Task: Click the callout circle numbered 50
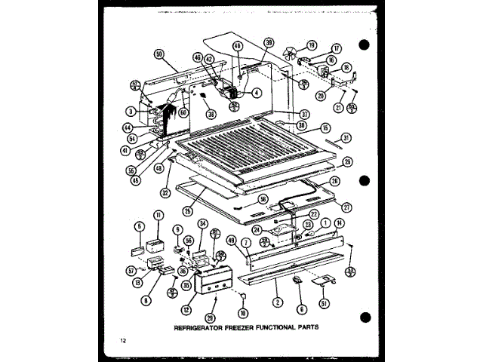click(x=158, y=54)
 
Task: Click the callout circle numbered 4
click(x=257, y=94)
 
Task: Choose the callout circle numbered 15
click(x=325, y=127)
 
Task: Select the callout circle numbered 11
click(x=158, y=216)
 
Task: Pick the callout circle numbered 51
click(x=325, y=304)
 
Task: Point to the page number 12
click(x=123, y=344)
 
